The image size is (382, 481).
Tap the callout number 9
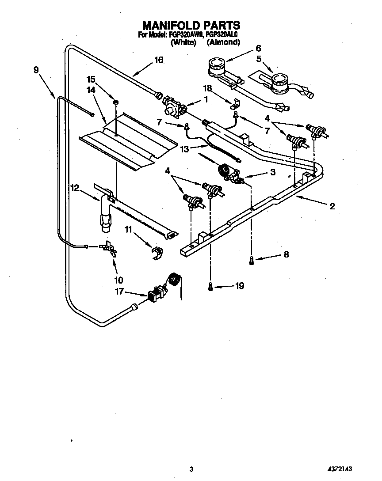coord(36,69)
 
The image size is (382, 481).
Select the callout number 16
coord(158,60)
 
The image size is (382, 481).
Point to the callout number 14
coord(91,89)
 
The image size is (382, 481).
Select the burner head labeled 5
coord(279,82)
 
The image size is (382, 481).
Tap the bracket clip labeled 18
coord(235,104)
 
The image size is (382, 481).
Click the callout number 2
coord(332,205)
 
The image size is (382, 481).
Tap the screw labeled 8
coord(252,261)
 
